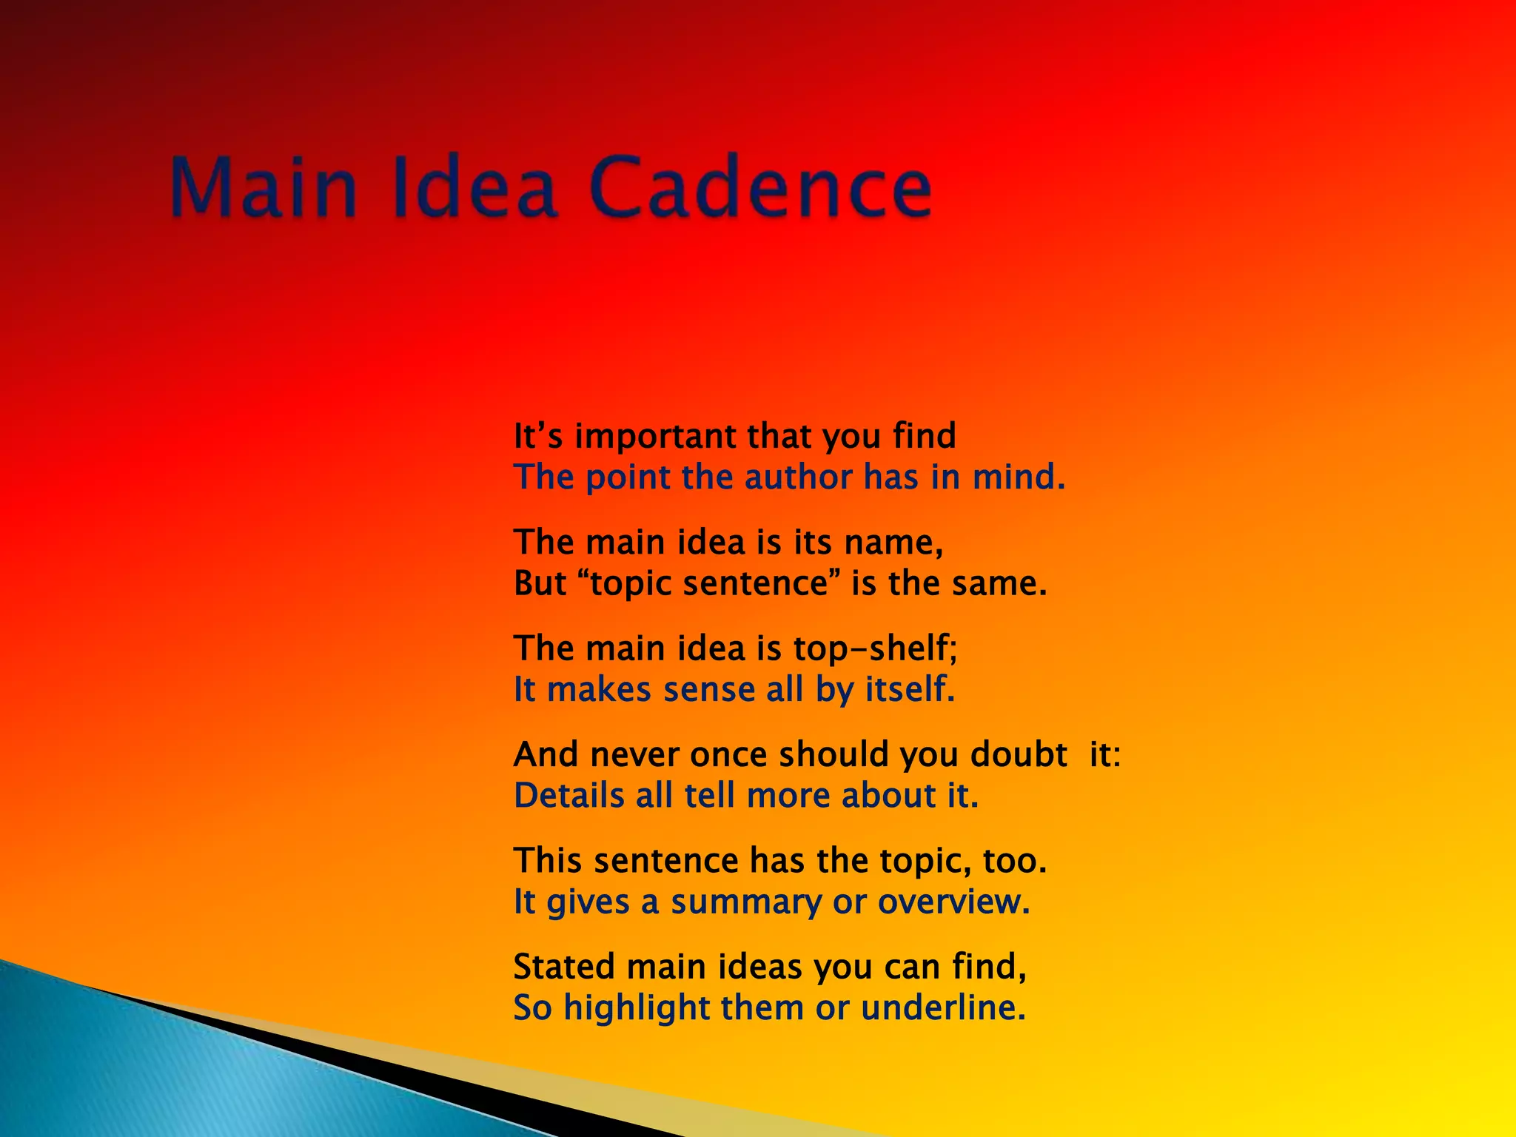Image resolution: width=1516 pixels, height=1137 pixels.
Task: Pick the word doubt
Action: coord(1019,755)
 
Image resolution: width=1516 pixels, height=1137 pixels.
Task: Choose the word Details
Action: coord(568,796)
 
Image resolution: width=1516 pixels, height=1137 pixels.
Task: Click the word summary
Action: coord(745,902)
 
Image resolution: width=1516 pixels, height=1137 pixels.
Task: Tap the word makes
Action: coord(599,690)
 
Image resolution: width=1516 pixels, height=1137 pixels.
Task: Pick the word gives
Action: coord(588,902)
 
